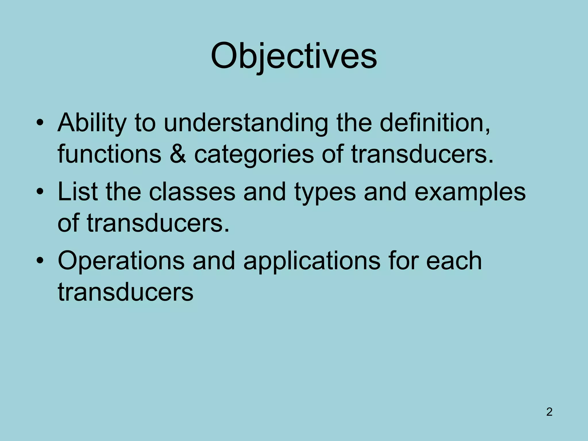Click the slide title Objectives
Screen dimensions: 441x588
pyautogui.click(x=294, y=56)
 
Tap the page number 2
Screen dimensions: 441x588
pyautogui.click(x=549, y=412)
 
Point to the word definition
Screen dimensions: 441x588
pyautogui.click(x=435, y=122)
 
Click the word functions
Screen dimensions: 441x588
pyautogui.click(x=109, y=154)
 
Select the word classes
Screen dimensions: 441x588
pyautogui.click(x=192, y=192)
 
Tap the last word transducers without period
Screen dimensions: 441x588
pyautogui.click(x=125, y=292)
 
